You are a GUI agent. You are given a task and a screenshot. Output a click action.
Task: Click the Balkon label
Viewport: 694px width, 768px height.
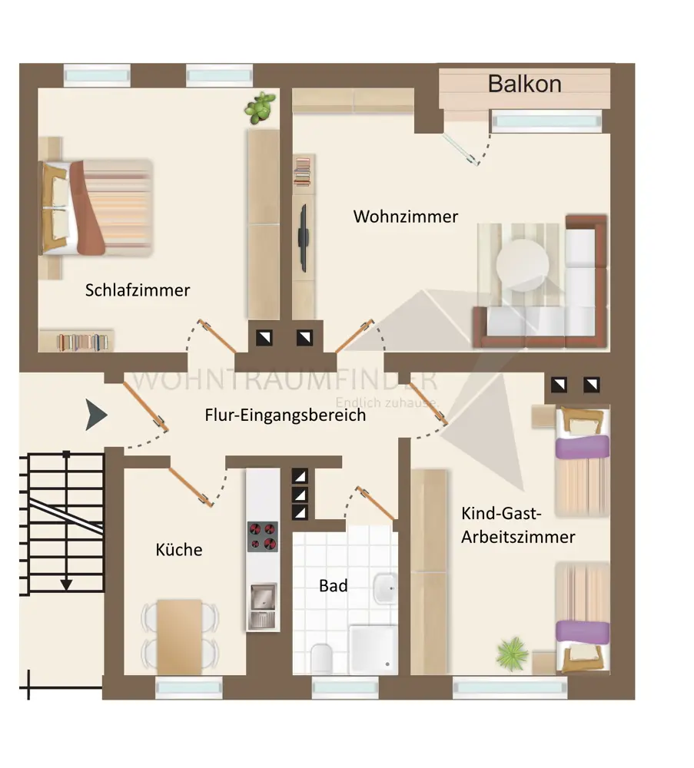[524, 84]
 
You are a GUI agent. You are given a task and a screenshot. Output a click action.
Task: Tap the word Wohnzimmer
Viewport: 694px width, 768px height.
[405, 217]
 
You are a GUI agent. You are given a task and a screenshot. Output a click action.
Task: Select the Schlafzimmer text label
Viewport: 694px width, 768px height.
[138, 290]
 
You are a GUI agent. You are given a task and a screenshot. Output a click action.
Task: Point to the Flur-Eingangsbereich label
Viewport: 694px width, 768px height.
[285, 415]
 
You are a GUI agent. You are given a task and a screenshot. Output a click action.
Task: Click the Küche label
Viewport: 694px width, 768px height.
[179, 550]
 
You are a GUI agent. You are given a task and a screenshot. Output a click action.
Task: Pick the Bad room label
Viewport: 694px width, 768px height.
[334, 586]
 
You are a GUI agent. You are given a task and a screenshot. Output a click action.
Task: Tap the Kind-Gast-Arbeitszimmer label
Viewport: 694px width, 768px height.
[517, 525]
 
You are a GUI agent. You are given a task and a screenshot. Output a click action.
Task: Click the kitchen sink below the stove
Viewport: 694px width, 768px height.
[262, 604]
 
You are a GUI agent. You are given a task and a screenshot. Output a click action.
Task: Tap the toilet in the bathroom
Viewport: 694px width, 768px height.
[321, 658]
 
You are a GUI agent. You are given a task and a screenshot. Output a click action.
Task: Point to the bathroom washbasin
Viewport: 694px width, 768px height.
[384, 591]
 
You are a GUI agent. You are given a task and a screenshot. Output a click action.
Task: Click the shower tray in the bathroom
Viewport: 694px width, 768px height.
[374, 649]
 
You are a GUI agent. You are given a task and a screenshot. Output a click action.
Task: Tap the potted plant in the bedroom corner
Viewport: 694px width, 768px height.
[261, 108]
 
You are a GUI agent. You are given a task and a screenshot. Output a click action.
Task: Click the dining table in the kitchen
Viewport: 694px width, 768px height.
[181, 636]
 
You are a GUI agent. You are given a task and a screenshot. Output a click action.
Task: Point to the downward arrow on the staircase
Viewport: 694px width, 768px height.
[67, 583]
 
